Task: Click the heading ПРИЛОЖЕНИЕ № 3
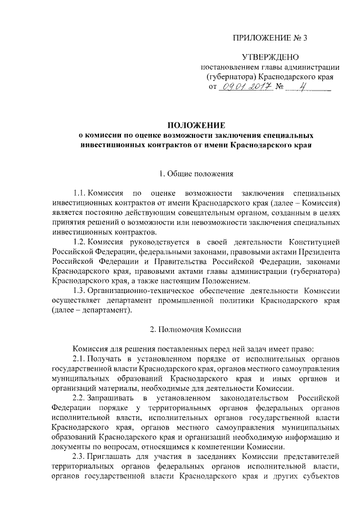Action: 271,38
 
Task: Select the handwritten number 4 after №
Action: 303,87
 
